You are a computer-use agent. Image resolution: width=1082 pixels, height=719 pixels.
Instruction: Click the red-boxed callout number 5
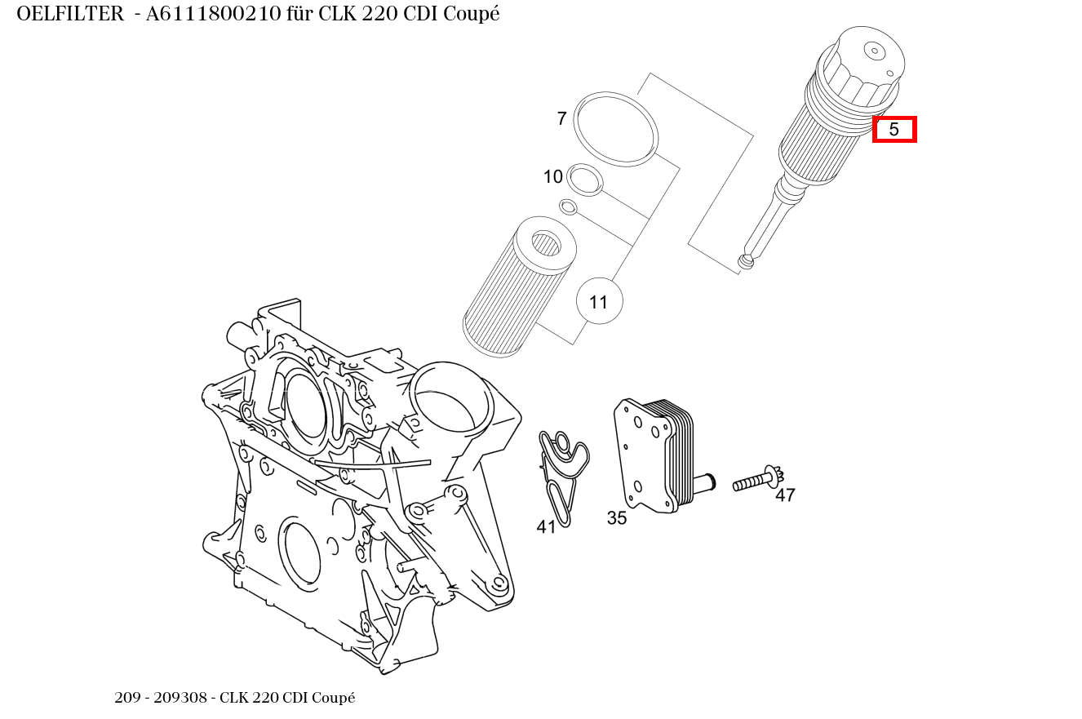[x=894, y=129]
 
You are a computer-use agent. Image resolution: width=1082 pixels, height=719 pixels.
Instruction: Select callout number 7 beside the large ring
[x=561, y=119]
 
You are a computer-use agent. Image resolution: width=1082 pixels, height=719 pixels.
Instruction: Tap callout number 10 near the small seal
[x=552, y=177]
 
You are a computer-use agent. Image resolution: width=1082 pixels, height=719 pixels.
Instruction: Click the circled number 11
[x=599, y=302]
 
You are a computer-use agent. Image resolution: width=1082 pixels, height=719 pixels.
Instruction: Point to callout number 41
[x=546, y=527]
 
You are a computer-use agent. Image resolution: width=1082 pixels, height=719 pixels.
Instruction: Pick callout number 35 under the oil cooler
[x=617, y=518]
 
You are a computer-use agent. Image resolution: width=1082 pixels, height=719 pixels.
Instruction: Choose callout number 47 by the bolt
[x=785, y=495]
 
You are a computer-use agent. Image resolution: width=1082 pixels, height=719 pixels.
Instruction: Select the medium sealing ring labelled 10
[x=585, y=180]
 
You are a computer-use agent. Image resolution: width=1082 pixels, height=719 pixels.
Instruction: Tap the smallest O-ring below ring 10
[x=569, y=206]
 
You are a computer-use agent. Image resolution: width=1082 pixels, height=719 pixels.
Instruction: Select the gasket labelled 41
[x=562, y=473]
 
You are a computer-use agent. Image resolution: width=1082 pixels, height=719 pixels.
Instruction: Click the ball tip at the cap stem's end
[x=745, y=261]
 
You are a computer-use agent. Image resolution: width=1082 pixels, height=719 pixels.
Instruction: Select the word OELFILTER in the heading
[x=69, y=14]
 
